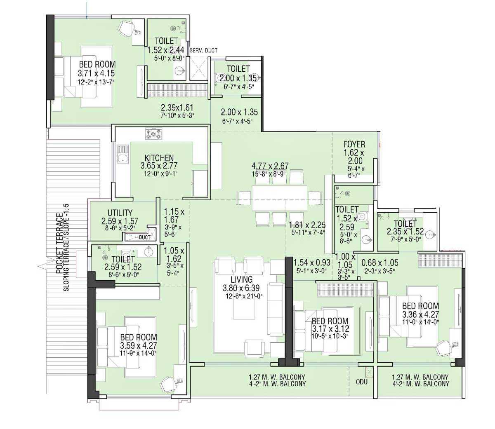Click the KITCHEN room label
click(x=159, y=158)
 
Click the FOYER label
click(x=354, y=144)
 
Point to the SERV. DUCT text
click(x=203, y=50)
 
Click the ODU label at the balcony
click(x=361, y=382)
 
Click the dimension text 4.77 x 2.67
click(x=270, y=166)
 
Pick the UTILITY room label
click(x=120, y=213)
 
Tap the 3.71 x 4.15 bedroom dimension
click(x=96, y=73)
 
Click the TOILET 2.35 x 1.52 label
click(x=405, y=223)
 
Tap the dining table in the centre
click(x=280, y=198)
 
